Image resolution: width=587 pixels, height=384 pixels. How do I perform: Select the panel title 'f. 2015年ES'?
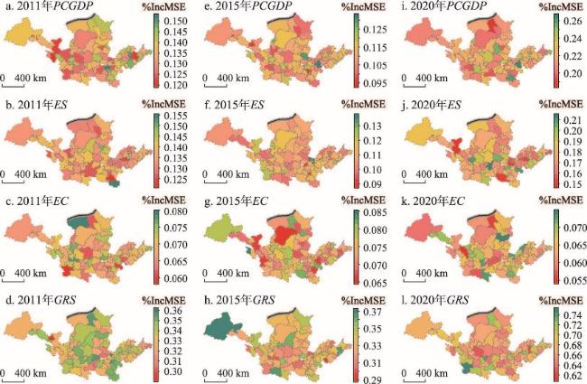click(233, 105)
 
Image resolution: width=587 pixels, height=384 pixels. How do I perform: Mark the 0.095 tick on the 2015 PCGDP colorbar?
click(368, 88)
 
